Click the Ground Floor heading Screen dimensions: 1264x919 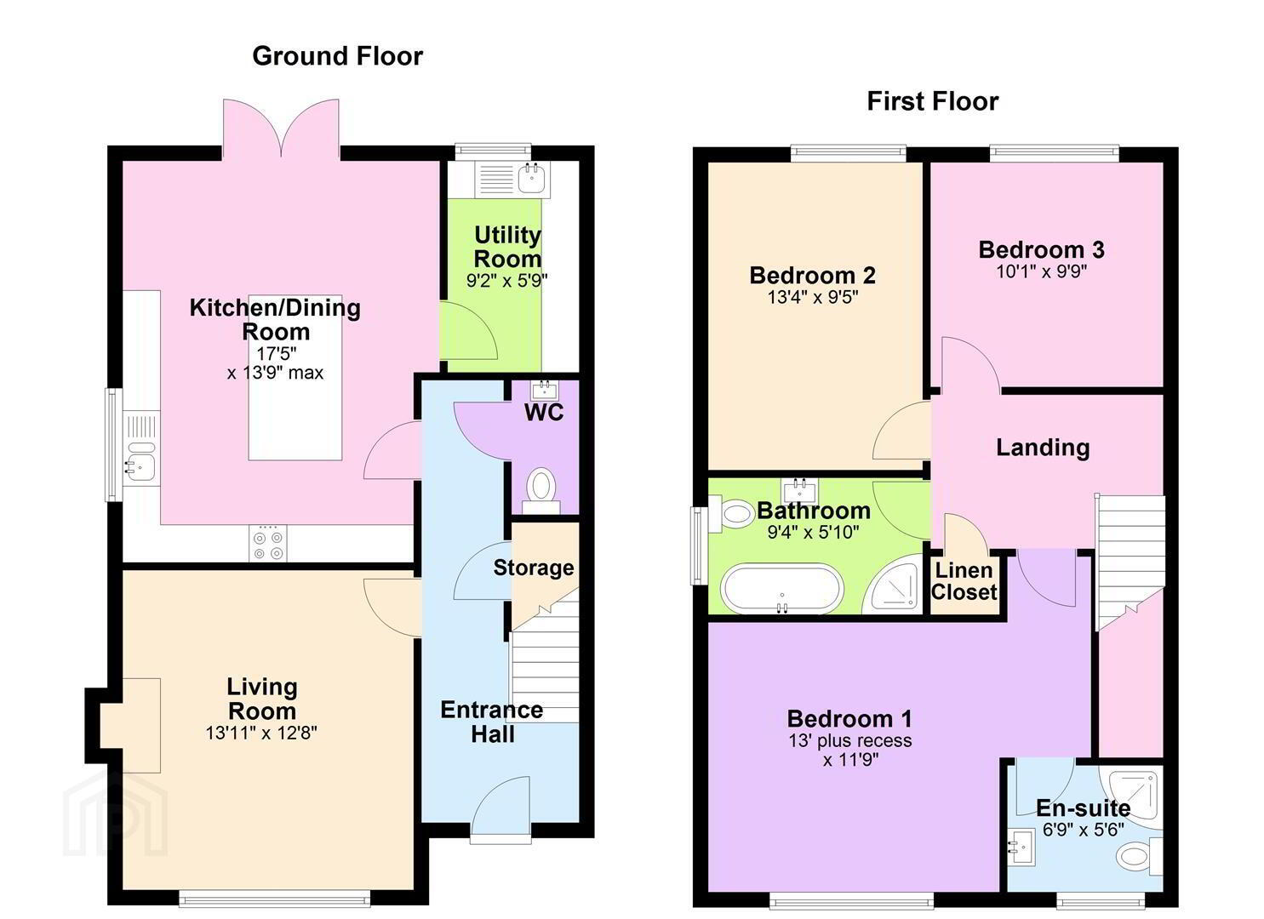point(337,56)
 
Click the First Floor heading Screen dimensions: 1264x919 point(933,101)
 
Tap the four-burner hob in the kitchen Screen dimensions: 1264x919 point(267,543)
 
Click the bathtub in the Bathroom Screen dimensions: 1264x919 point(783,588)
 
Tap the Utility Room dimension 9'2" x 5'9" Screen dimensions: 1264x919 point(506,281)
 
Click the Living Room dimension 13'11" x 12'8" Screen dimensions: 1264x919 point(261,733)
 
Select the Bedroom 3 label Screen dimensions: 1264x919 point(1041,249)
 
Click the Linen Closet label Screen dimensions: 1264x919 point(964,581)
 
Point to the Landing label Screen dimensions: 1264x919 point(1042,448)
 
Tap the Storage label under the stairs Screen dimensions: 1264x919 point(533,568)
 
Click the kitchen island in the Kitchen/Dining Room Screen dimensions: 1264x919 point(295,378)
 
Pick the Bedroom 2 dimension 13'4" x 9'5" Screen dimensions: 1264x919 point(813,297)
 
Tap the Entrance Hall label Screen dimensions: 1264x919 point(491,722)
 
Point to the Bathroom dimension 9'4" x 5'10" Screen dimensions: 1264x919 point(813,532)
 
